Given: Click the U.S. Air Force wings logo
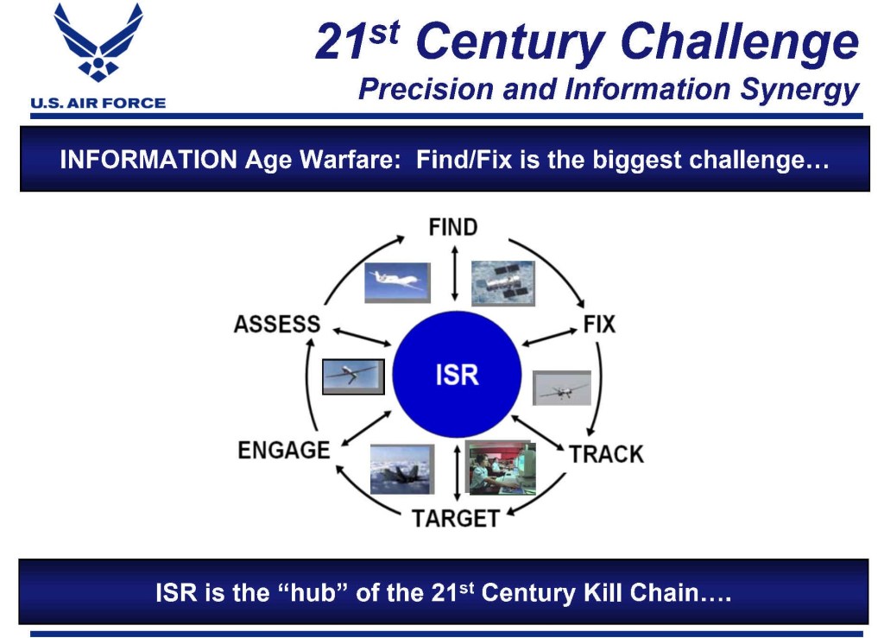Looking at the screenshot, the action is coord(98,42).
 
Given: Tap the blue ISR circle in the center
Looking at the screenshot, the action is coord(457,374).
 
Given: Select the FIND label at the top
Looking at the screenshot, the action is coord(453,227).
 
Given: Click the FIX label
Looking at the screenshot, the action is coord(599,325).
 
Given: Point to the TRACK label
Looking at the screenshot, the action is coord(606,454).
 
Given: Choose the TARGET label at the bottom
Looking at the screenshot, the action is coord(456,519).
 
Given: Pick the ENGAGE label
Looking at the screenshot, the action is coord(283,451).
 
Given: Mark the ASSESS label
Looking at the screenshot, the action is coord(277,325).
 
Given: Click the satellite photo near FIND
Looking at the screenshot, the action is coord(503,283).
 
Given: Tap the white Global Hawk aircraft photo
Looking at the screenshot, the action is coord(397,282).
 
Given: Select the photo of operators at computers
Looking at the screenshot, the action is coord(500,468).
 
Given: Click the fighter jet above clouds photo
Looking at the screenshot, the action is coord(402,469).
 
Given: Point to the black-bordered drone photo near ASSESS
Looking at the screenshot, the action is coord(353,376).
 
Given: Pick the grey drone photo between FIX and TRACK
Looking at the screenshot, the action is coord(562,388).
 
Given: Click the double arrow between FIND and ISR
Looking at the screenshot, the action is coord(455,274).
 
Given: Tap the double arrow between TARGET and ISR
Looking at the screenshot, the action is coord(458,472).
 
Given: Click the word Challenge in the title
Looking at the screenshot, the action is coord(739,41).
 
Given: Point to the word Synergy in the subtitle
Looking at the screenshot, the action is coord(799,90).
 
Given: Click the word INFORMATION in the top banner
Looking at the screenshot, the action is coord(148,160).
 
